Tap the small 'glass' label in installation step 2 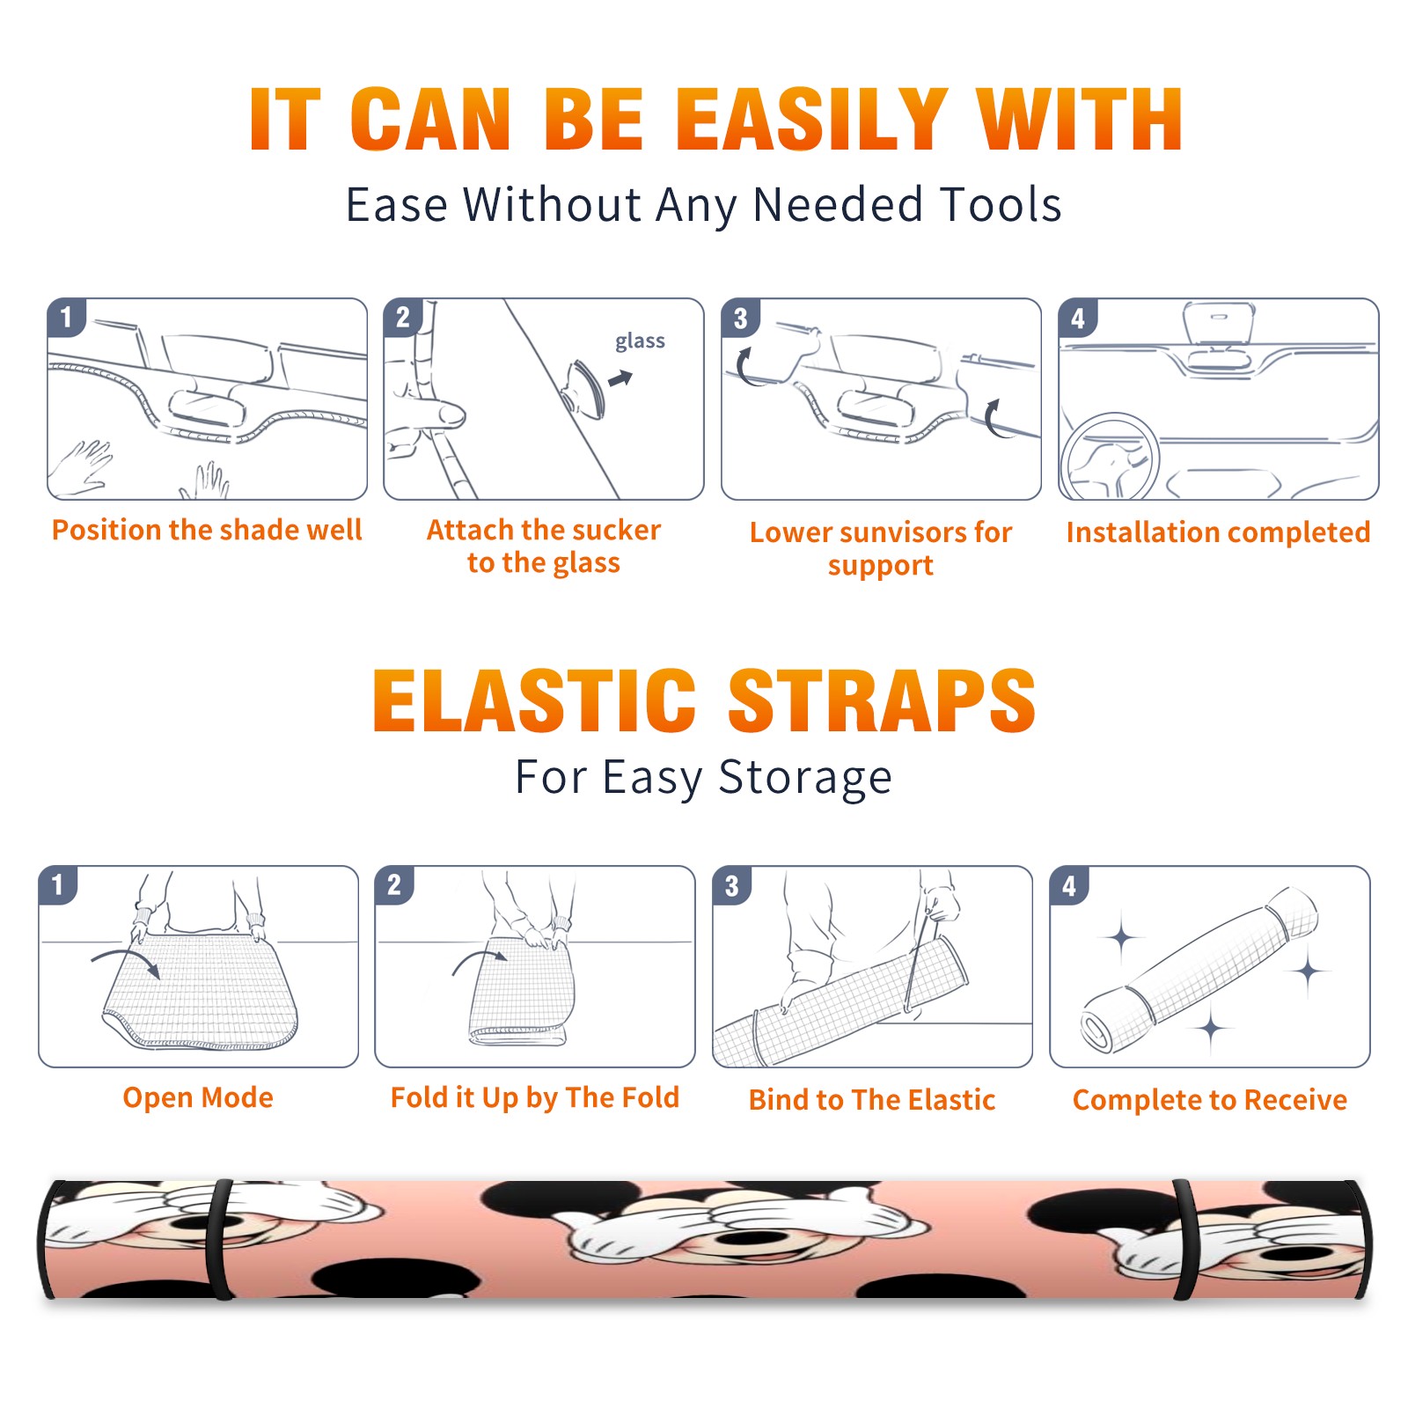click(640, 341)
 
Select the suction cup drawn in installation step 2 click(583, 388)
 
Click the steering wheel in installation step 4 click(1110, 458)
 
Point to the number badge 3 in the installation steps click(740, 318)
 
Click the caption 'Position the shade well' click(207, 530)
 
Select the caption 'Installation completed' click(1218, 532)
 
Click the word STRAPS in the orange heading click(882, 700)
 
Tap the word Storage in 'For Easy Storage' click(805, 778)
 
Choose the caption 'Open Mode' click(198, 1097)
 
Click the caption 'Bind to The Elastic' click(872, 1100)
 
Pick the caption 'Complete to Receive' click(1210, 1100)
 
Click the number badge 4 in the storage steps click(1068, 885)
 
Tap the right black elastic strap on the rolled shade click(1184, 1239)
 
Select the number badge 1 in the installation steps click(66, 317)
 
